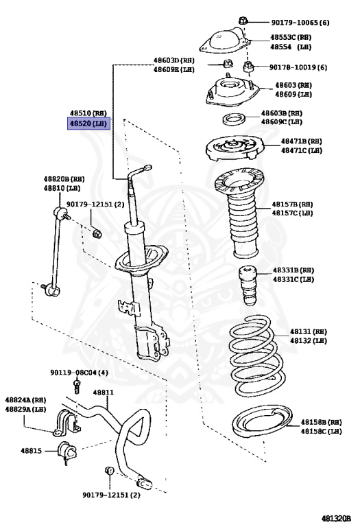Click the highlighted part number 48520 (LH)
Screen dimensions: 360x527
point(88,124)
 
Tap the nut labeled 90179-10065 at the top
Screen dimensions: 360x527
point(243,21)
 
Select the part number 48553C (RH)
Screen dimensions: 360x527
point(291,37)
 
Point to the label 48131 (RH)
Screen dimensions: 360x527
point(309,331)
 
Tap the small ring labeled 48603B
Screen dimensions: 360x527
point(234,119)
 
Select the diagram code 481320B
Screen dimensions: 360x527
point(336,518)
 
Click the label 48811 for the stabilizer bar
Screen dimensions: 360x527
point(103,393)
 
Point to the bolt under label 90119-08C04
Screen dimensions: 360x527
point(77,386)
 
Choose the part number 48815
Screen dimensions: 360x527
point(32,451)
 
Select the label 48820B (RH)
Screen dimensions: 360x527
point(64,179)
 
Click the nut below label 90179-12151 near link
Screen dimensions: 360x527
point(97,232)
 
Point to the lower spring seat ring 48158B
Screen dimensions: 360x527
point(262,422)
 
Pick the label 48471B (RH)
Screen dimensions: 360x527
point(301,141)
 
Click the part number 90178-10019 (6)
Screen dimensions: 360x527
point(298,67)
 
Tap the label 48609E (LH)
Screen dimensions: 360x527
point(174,69)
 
